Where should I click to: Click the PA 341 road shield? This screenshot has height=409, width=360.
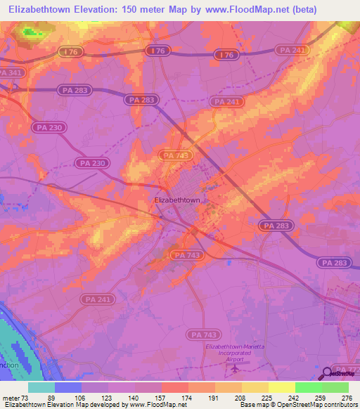(x=11, y=72)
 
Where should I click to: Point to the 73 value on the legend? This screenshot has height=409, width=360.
(x=25, y=397)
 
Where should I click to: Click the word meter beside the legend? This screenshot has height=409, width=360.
(x=11, y=397)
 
